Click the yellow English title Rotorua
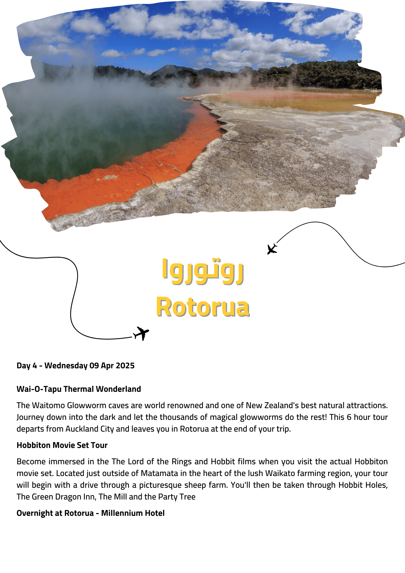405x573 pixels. pyautogui.click(x=203, y=307)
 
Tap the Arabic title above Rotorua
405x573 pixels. pyautogui.click(x=203, y=271)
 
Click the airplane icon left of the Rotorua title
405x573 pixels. pyautogui.click(x=141, y=333)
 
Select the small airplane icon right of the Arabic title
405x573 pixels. pyautogui.click(x=272, y=249)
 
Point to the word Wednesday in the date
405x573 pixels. pyautogui.click(x=66, y=366)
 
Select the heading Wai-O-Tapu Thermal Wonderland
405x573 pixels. pyautogui.click(x=79, y=389)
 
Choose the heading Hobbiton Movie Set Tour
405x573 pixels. pyautogui.click(x=62, y=445)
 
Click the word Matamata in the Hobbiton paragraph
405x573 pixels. pyautogui.click(x=159, y=473)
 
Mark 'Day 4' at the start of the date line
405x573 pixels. pyautogui.click(x=27, y=366)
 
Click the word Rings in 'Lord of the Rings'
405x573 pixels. pyautogui.click(x=181, y=461)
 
